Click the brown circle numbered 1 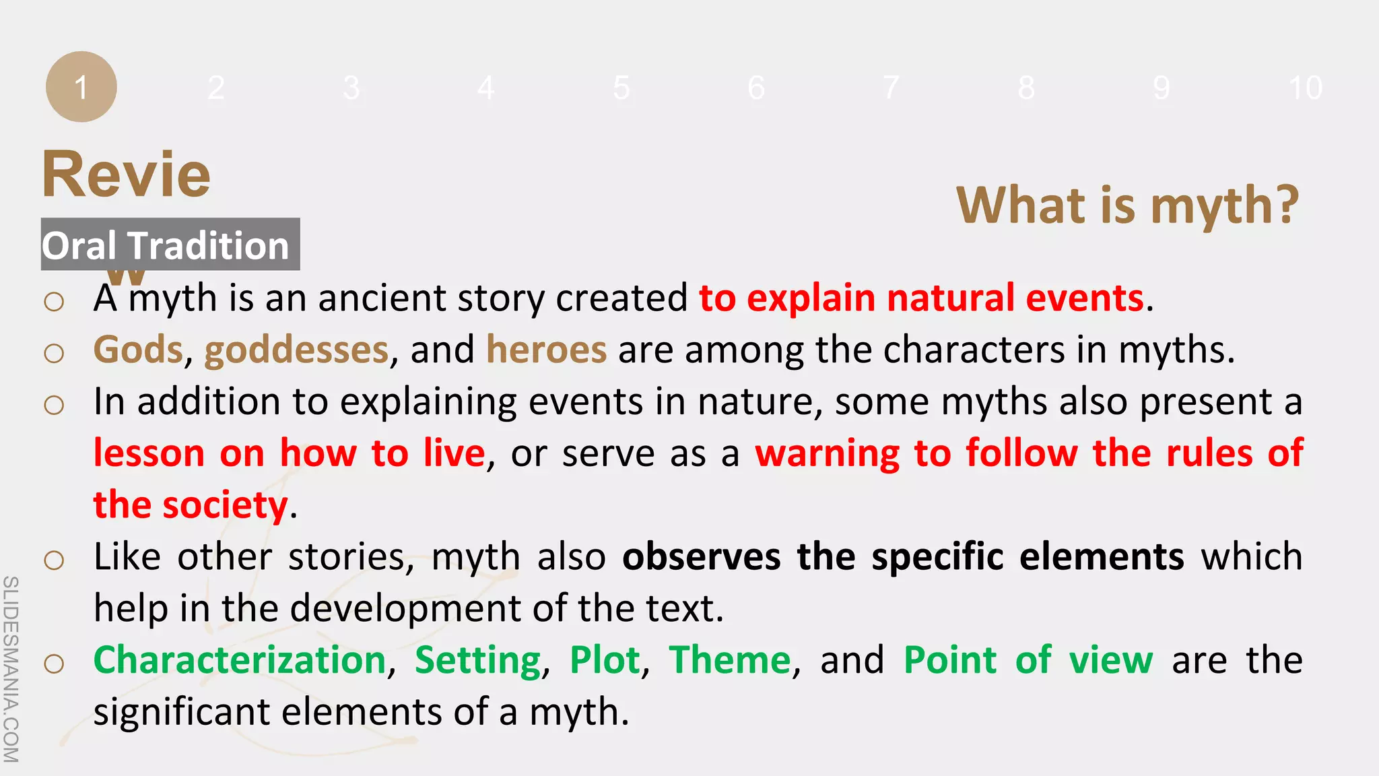coord(81,87)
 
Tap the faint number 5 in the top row coord(621,88)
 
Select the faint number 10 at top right coord(1305,88)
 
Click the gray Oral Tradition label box coord(170,245)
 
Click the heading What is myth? coord(1127,205)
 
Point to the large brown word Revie coord(127,175)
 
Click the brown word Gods coord(138,350)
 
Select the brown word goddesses coord(296,350)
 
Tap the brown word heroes coord(546,350)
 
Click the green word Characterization coord(240,659)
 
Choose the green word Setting coord(477,660)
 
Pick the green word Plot coord(604,659)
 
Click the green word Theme coord(729,659)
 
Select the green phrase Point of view coord(1028,659)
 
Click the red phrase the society coord(191,505)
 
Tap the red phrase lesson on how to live coord(289,453)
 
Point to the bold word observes coord(701,556)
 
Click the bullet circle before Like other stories coord(54,560)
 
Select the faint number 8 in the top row coord(1026,88)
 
